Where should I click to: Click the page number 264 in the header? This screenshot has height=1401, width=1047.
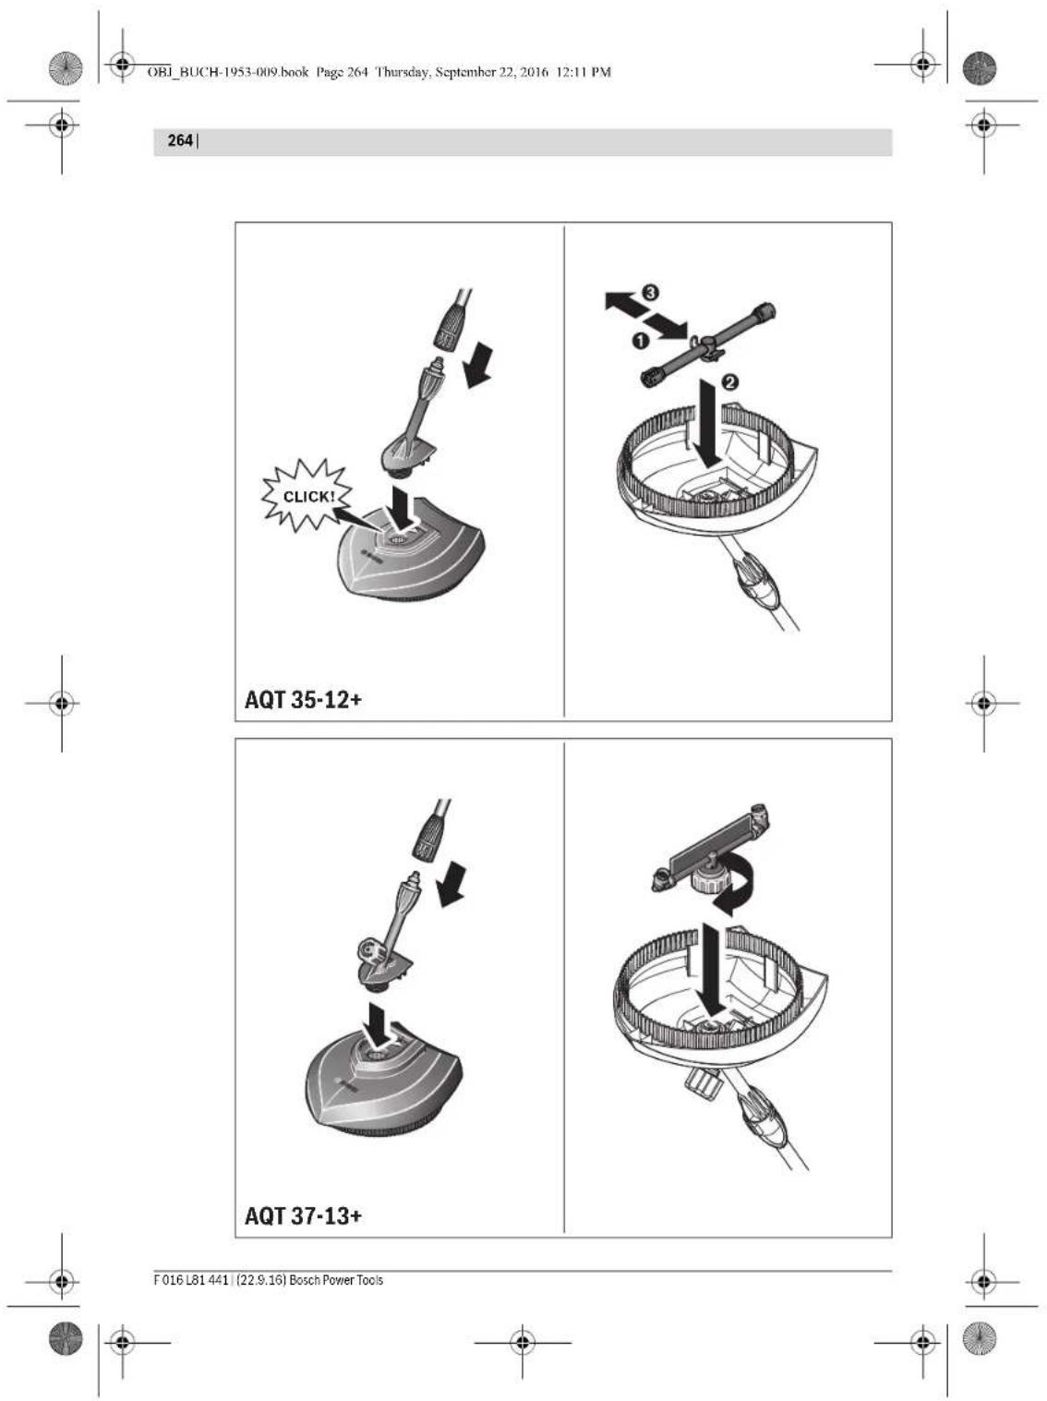click(x=180, y=141)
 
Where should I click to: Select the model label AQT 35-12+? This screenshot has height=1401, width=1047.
click(x=303, y=699)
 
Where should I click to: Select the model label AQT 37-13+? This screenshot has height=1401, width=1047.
click(x=303, y=1215)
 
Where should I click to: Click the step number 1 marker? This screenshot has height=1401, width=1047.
click(x=639, y=342)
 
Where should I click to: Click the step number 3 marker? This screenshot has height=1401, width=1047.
click(x=650, y=293)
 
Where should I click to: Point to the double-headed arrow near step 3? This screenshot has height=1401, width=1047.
click(x=645, y=315)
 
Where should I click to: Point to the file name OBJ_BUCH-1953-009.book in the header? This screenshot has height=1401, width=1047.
click(x=227, y=72)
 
